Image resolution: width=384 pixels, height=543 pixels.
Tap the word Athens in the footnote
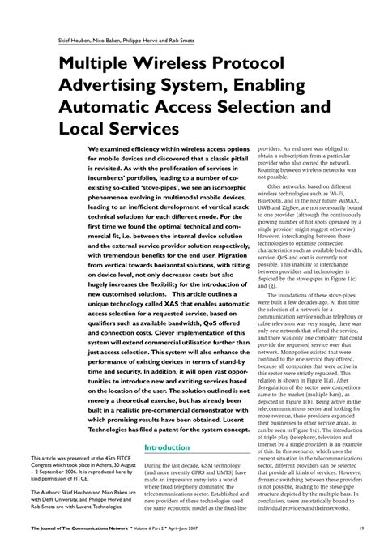click(x=113, y=471)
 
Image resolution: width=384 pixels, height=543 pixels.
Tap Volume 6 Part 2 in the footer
click(x=159, y=530)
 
